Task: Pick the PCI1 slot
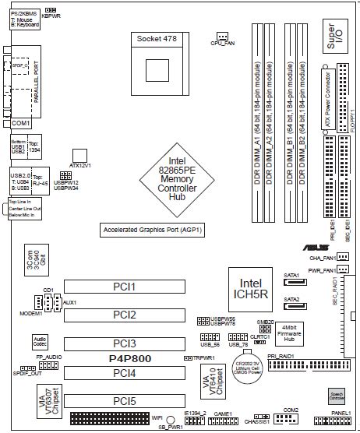pos(125,287)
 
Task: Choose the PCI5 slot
pos(125,400)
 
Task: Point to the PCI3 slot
pos(125,343)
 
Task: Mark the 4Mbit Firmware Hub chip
pos(288,333)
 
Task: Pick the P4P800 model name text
pos(129,358)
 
